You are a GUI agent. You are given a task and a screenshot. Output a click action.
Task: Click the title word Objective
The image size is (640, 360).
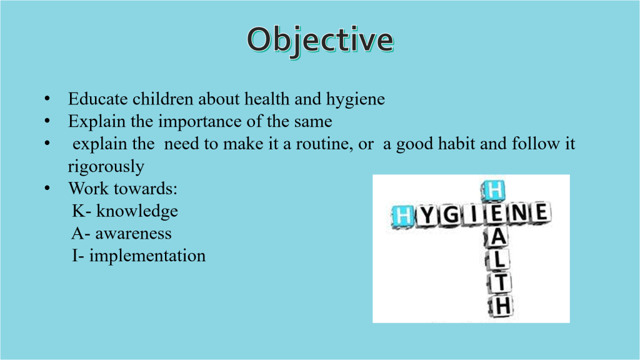[321, 41]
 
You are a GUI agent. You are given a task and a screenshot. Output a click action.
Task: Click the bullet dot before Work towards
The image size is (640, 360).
[47, 188]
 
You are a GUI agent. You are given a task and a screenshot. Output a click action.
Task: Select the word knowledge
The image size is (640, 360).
[137, 212]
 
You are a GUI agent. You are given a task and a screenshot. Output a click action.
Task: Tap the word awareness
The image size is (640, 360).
[134, 234]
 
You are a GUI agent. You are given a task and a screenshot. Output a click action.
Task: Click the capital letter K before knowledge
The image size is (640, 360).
[79, 211]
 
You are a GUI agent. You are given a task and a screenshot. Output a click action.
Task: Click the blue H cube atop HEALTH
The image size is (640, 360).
[494, 191]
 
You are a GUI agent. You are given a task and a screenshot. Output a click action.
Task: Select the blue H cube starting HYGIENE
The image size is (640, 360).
[403, 216]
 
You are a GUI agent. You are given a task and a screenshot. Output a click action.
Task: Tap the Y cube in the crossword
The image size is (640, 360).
[427, 215]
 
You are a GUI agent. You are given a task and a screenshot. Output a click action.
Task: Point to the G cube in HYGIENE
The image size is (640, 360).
[451, 215]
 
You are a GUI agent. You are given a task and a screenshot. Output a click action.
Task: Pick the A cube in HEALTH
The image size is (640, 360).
[498, 236]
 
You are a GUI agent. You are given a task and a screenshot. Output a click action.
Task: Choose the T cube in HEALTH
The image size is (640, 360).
[501, 282]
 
